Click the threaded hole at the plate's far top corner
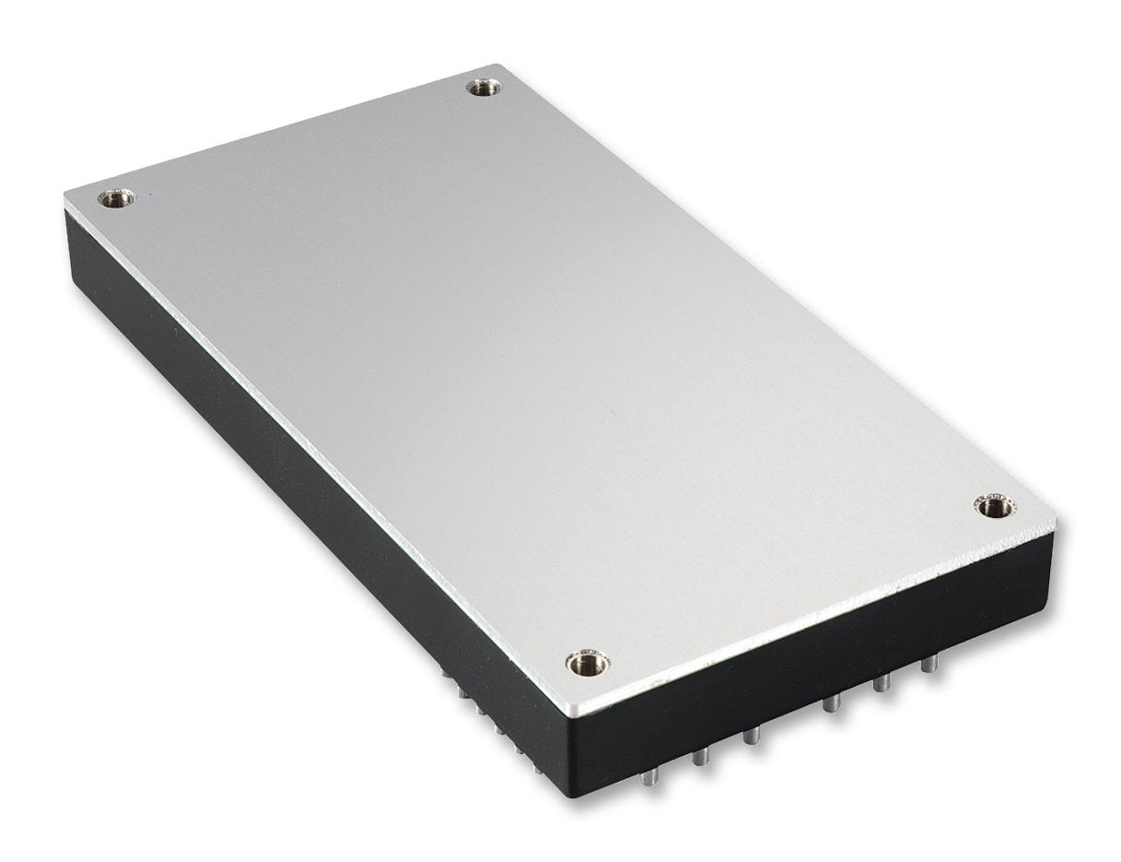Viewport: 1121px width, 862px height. click(484, 88)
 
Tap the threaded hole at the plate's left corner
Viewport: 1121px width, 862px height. click(117, 197)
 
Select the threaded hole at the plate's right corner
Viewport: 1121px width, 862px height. click(994, 505)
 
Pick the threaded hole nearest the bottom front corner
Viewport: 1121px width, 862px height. click(587, 661)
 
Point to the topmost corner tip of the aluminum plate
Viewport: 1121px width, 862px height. click(497, 65)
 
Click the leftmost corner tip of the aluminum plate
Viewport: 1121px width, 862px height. click(65, 195)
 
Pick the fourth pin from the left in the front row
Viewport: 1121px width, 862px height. click(832, 705)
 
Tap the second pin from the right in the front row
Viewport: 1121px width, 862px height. click(882, 683)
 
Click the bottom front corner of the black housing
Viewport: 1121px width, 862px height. click(573, 795)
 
